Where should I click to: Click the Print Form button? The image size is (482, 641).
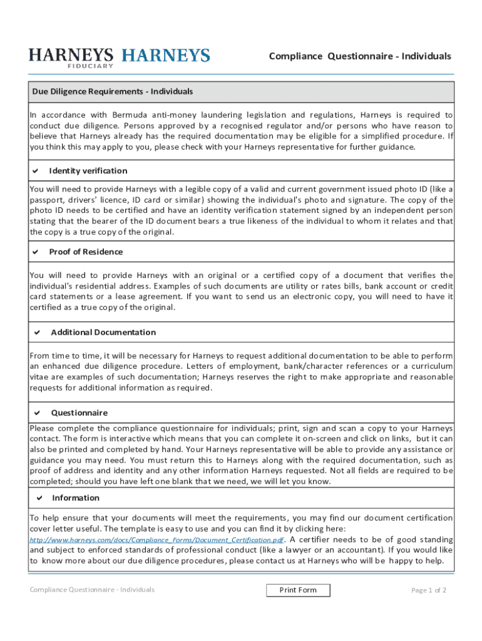(x=298, y=590)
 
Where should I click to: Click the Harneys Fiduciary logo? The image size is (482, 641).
(x=71, y=57)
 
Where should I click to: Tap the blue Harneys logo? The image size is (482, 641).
(x=165, y=56)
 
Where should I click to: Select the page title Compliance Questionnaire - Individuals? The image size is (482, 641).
(x=359, y=56)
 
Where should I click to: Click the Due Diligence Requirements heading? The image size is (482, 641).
(x=113, y=91)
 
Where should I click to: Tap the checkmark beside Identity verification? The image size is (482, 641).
(x=36, y=171)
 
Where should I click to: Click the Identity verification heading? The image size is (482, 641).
(x=88, y=171)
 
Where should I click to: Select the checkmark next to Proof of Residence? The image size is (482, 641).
(x=36, y=252)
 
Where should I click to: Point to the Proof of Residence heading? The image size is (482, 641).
(x=86, y=252)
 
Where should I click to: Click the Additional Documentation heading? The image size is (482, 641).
(x=103, y=332)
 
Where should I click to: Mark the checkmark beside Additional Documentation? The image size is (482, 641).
(x=37, y=332)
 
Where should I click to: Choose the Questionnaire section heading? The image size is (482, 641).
(x=79, y=413)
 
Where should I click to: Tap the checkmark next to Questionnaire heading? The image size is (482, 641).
(x=37, y=413)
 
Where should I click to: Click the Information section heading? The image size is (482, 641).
(x=76, y=498)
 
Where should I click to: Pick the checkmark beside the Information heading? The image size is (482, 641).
(x=39, y=498)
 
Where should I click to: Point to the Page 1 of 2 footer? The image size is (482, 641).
(x=429, y=590)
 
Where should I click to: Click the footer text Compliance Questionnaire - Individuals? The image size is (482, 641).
(x=92, y=590)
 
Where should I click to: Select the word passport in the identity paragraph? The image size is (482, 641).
(x=48, y=200)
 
